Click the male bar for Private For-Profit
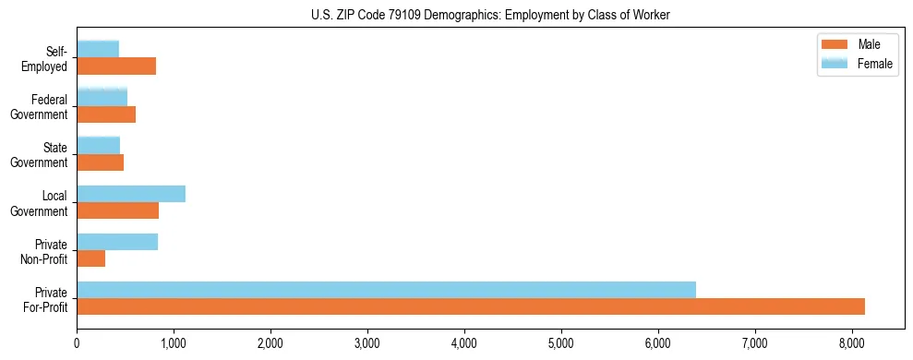click(x=471, y=306)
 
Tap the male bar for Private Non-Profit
click(x=90, y=258)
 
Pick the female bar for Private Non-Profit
click(x=117, y=242)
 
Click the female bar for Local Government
click(x=131, y=194)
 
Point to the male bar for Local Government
click(x=117, y=210)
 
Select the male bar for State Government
click(x=100, y=162)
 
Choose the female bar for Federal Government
click(x=102, y=97)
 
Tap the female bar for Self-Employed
click(x=98, y=49)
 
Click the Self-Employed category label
click(x=49, y=58)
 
